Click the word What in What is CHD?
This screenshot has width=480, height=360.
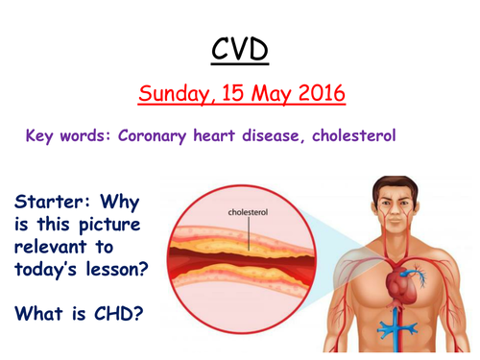pyautogui.click(x=39, y=313)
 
